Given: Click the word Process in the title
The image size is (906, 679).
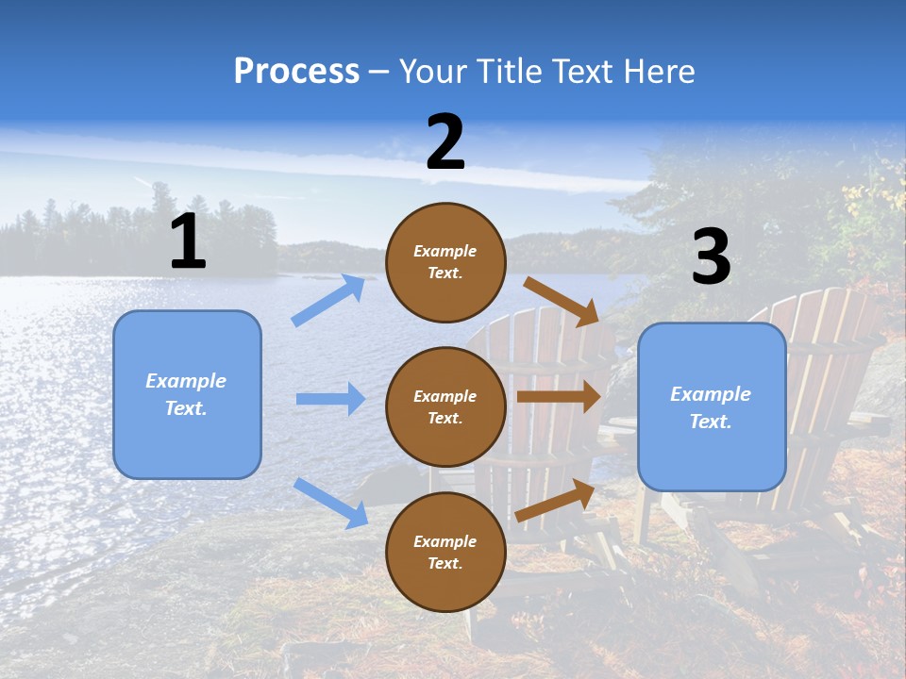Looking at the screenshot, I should tap(296, 71).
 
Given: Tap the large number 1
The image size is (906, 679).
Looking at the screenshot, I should tap(188, 241).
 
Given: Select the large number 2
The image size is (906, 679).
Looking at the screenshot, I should tap(445, 142).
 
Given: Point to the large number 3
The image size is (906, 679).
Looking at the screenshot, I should tap(711, 257).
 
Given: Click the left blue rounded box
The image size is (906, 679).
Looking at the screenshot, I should tap(187, 394).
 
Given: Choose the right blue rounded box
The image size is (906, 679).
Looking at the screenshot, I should tap(712, 406).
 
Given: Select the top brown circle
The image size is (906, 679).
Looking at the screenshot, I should tap(445, 262).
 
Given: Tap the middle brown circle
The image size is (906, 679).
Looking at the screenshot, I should tap(445, 406).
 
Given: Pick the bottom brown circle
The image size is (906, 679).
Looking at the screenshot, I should tap(445, 552).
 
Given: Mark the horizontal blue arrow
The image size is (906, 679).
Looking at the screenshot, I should tap(330, 399).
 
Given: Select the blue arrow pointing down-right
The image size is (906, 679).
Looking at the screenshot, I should tap(330, 503).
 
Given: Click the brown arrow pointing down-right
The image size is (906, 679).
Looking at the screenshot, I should tap(562, 301).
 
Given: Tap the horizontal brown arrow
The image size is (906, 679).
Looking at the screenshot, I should tap(559, 397).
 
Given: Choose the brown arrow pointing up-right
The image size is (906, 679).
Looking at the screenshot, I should tap(555, 501).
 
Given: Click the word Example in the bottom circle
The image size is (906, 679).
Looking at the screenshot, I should tap(445, 541).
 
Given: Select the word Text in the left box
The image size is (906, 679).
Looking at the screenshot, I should tap(185, 408).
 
